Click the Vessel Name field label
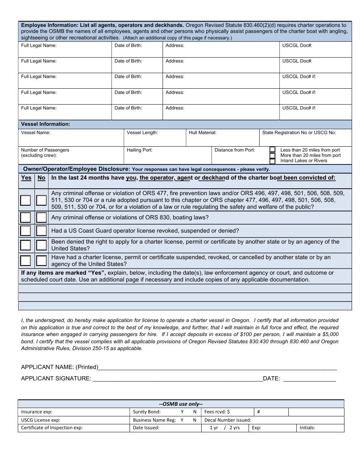36,133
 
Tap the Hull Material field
222,140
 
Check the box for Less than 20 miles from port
272,150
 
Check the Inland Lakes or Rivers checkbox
272,161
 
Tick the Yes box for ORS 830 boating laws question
25,217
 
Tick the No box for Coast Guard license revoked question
41,231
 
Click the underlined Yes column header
26,178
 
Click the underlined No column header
41,178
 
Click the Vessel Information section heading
45,124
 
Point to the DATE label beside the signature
271,378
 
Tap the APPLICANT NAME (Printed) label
59,367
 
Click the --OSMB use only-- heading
181,404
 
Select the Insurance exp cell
74,412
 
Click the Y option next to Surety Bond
182,412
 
